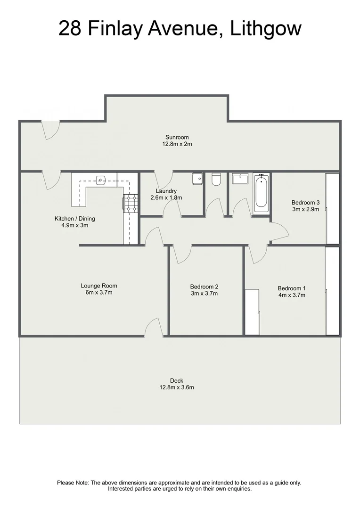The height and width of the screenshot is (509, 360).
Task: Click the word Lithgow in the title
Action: click(266, 29)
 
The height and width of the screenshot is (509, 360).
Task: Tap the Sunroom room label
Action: click(177, 138)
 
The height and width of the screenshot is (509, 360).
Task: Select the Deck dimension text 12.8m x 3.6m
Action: click(177, 388)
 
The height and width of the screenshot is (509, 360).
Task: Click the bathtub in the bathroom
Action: click(262, 194)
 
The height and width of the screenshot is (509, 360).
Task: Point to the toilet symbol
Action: click(216, 180)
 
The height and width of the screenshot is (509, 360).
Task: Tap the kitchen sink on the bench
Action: click(101, 179)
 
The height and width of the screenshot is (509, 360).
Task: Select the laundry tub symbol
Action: click(197, 179)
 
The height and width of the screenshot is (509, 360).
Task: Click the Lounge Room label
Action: click(99, 286)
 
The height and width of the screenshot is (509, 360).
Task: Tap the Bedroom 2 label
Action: click(204, 287)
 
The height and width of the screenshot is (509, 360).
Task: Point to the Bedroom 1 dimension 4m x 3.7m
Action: click(292, 296)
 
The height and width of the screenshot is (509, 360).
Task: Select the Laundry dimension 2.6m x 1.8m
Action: click(166, 198)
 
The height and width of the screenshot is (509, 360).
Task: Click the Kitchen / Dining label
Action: click(72, 219)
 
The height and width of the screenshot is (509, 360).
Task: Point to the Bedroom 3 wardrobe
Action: click(332, 208)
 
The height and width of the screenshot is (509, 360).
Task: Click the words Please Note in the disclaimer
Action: click(73, 483)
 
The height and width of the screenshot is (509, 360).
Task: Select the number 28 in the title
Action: click(70, 29)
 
